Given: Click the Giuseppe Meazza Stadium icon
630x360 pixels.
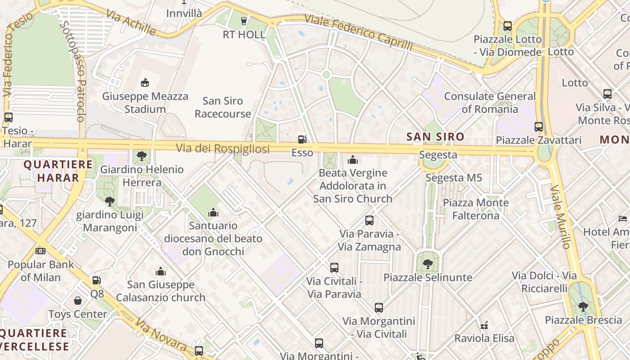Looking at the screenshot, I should (144, 82).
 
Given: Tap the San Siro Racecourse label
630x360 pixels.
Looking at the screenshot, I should (223, 107).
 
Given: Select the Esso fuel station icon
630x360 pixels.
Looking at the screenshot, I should (302, 139).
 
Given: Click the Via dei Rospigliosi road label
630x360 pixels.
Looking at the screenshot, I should (222, 148).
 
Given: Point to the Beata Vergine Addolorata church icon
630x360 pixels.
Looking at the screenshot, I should (353, 159).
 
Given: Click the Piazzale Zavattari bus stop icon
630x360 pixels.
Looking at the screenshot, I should (539, 126).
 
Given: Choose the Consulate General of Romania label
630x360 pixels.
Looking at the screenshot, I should (490, 103).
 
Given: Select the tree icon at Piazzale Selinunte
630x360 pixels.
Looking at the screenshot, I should (427, 264).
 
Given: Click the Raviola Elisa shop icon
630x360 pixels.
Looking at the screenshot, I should (484, 325).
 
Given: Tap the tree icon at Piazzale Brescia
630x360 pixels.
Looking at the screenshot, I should (583, 307).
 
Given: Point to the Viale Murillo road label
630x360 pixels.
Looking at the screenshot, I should (560, 216).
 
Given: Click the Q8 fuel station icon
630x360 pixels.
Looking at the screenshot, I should (97, 280).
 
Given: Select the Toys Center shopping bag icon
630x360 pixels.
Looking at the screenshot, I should (78, 300).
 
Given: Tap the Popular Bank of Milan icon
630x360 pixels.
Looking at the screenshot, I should (40, 251).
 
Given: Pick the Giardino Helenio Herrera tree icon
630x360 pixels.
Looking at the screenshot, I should (142, 156).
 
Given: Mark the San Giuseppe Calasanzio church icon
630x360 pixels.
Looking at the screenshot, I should (161, 271).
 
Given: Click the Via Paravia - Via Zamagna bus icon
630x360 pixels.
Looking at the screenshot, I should (369, 220).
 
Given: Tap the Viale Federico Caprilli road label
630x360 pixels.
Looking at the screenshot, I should (358, 32).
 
